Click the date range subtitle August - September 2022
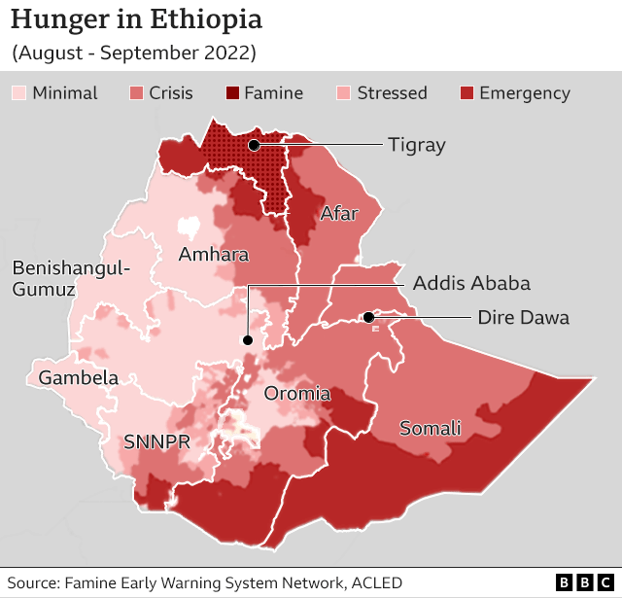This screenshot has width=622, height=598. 133,53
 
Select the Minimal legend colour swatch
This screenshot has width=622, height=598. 19,93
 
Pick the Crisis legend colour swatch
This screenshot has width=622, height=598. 137,93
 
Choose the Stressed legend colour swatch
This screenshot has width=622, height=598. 344,93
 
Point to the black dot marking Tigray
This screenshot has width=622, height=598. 253,145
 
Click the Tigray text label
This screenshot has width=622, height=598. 416,145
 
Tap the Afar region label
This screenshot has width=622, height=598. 339,214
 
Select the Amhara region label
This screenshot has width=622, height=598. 214,255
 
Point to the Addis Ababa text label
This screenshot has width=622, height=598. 471,284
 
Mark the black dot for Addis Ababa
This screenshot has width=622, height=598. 248,340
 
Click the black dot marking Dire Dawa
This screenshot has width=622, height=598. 368,317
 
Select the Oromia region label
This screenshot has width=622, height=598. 298,394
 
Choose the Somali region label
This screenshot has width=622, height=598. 430,429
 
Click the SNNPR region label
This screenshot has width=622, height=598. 156,441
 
